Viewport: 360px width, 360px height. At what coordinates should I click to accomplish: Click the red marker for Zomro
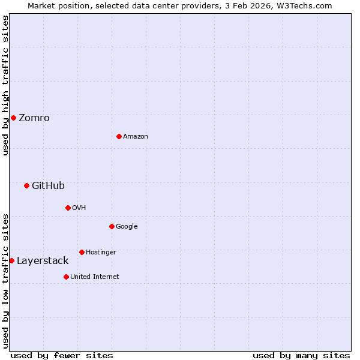(13, 118)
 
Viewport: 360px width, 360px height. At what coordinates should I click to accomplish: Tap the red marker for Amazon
(119, 136)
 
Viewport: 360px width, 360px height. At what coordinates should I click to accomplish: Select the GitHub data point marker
(26, 185)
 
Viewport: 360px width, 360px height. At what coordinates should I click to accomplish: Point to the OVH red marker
(68, 208)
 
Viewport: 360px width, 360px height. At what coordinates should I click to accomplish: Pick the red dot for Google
(112, 226)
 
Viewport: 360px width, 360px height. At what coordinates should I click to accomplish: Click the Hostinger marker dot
(82, 252)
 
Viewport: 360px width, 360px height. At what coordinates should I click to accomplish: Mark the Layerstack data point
(11, 260)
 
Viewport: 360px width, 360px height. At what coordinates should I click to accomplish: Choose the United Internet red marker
(66, 277)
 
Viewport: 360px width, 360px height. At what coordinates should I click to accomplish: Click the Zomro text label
(34, 118)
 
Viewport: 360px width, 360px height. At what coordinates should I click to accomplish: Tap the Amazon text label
(136, 137)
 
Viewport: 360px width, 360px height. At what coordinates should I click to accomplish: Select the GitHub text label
(48, 186)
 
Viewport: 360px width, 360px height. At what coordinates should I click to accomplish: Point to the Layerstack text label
(43, 261)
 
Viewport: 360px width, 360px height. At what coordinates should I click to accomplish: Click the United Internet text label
(95, 277)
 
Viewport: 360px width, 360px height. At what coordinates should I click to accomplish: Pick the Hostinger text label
(101, 253)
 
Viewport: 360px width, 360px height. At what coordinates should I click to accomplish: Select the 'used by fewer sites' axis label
(62, 355)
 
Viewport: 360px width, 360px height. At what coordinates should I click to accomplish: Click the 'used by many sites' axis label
(301, 355)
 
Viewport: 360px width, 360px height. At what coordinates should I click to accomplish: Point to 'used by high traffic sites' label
(5, 85)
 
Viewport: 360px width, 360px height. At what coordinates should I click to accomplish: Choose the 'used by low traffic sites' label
(5, 281)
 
